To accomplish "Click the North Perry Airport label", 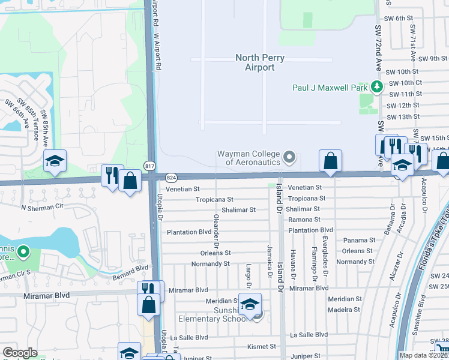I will pyautogui.click(x=260, y=62).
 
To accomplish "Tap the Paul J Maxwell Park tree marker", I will pyautogui.click(x=377, y=87).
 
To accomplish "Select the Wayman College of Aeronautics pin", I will pyautogui.click(x=290, y=158).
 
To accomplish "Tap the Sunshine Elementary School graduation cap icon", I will pyautogui.click(x=250, y=305).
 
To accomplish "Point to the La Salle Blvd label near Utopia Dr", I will pyautogui.click(x=189, y=338).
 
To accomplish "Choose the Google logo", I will pyautogui.click(x=20, y=353).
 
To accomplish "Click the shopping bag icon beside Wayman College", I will pyautogui.click(x=330, y=161).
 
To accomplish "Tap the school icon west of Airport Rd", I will pyautogui.click(x=55, y=161).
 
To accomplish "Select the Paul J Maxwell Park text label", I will pyautogui.click(x=330, y=87).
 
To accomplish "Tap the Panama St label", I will pyautogui.click(x=359, y=240).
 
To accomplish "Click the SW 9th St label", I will pyautogui.click(x=434, y=59).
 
